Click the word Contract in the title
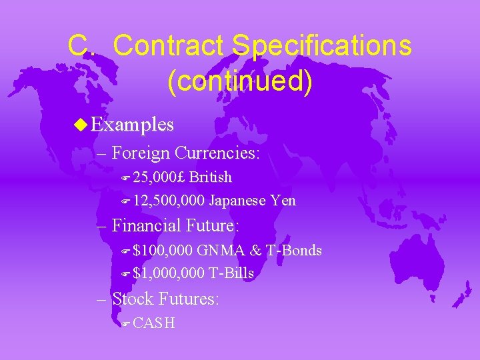170,46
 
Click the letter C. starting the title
85,46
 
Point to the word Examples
132,125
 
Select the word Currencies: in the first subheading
217,153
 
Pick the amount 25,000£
160,177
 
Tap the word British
211,177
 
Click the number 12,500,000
169,201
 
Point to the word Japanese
239,201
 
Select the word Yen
283,201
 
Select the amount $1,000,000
169,274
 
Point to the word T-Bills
231,274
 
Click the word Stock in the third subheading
133,299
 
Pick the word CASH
154,323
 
